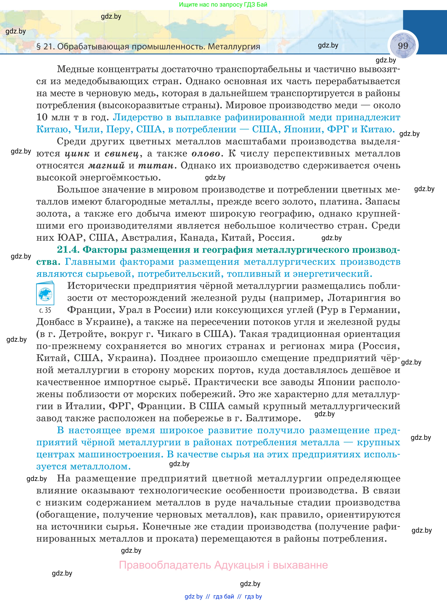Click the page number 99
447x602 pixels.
coord(403,46)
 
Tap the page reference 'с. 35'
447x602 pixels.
coord(45,310)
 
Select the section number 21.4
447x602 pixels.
coord(68,249)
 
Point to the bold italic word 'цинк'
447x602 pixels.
coord(77,153)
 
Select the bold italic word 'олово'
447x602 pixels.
coord(206,153)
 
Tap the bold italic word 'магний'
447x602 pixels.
coord(106,165)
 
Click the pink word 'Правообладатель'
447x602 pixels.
coord(165,565)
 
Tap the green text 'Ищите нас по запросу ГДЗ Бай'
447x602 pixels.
coord(223,4)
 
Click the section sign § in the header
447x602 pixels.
coord(39,47)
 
